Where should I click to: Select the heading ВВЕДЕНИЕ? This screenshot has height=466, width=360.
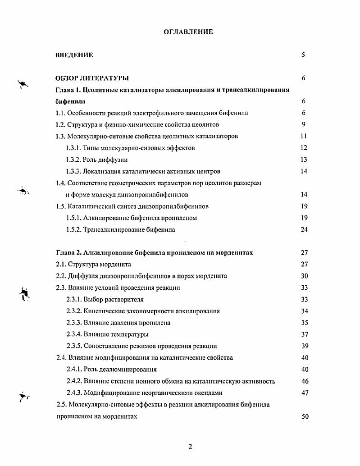point(74,55)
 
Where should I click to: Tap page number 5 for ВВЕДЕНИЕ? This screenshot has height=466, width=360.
point(303,55)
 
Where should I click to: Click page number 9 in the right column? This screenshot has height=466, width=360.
point(304,124)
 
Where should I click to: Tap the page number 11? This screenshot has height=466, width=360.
point(303,136)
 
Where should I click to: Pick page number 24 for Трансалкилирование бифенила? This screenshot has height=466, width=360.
point(304,229)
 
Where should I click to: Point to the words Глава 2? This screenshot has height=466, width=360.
point(69,253)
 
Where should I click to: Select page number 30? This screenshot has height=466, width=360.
point(304,276)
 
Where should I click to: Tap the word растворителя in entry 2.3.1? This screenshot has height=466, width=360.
point(125,299)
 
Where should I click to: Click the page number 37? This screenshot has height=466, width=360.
point(304,334)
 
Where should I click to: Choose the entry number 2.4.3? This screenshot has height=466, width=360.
point(74,393)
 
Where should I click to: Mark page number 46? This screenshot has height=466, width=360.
point(304,381)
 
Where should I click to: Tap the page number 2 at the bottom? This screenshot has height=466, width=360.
point(190,447)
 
